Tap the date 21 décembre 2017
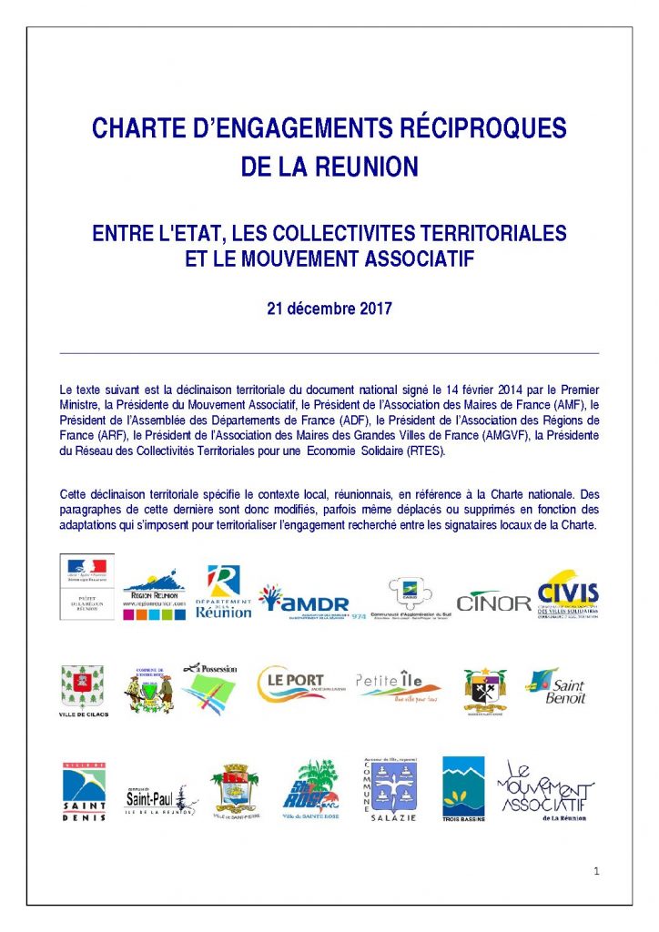pyautogui.click(x=329, y=308)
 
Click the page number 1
pyautogui.click(x=596, y=871)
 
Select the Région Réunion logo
pyautogui.click(x=155, y=596)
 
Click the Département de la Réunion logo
pyautogui.click(x=223, y=593)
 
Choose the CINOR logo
pyautogui.click(x=494, y=602)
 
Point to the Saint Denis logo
pyautogui.click(x=84, y=791)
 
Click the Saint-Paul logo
pyautogui.click(x=160, y=799)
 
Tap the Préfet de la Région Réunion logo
pyautogui.click(x=87, y=586)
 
